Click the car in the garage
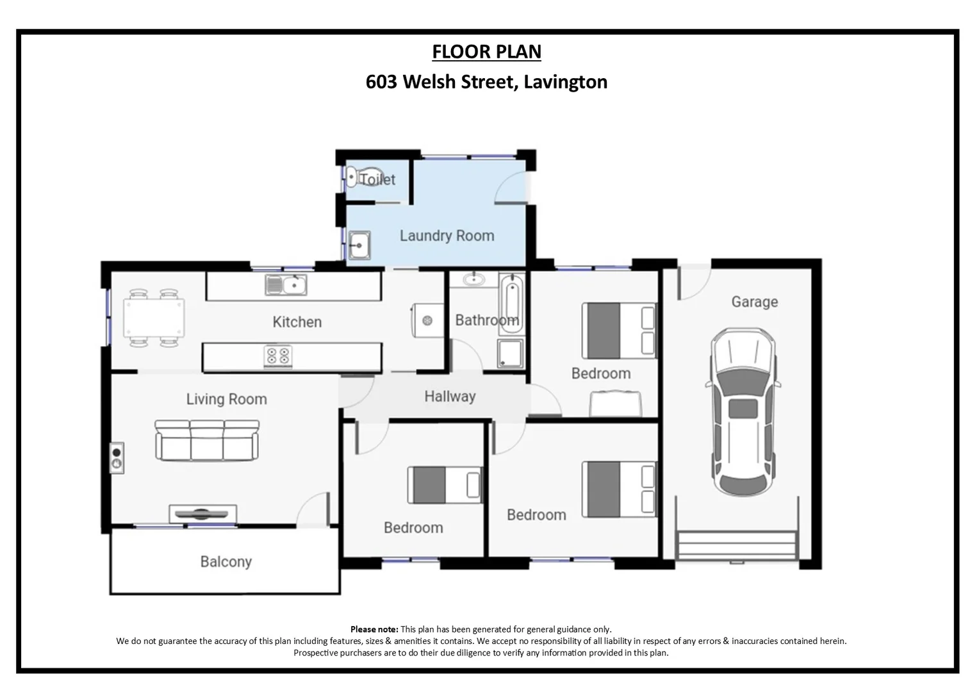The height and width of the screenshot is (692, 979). (x=743, y=412)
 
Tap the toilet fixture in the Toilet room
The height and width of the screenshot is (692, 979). (x=352, y=177)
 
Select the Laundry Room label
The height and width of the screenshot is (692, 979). (x=447, y=236)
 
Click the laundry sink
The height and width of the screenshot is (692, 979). (x=359, y=245)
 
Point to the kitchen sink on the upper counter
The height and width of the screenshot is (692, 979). (x=286, y=284)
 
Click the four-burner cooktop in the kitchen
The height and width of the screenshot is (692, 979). (x=278, y=356)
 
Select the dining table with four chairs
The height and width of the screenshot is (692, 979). (x=154, y=318)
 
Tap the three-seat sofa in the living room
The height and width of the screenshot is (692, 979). (x=207, y=440)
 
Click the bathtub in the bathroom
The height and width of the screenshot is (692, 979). (x=511, y=304)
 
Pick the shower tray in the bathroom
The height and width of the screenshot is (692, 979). (x=510, y=354)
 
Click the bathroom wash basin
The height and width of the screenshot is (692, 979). (x=473, y=279)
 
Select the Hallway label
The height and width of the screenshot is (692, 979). (x=450, y=397)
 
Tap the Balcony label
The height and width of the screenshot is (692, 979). (x=226, y=562)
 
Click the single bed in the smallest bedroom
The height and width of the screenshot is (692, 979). (x=445, y=484)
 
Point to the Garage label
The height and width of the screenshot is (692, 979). (x=754, y=302)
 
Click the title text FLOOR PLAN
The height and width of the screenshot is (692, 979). (x=486, y=52)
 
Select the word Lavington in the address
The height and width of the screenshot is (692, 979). (x=565, y=82)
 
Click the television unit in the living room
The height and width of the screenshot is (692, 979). (x=202, y=513)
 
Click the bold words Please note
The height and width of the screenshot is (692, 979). (x=374, y=629)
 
